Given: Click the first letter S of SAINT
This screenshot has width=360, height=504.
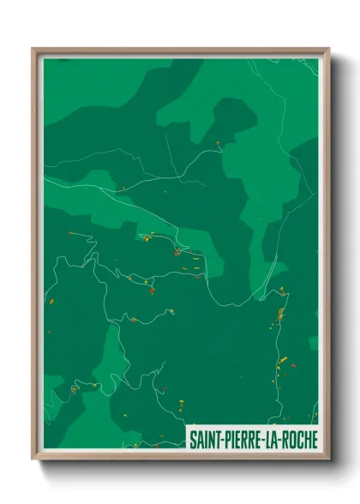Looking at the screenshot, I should (192, 440).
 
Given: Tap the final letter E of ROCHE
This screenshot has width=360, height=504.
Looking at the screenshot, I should (314, 440).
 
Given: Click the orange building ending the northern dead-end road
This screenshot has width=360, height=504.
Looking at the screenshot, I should (218, 143).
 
